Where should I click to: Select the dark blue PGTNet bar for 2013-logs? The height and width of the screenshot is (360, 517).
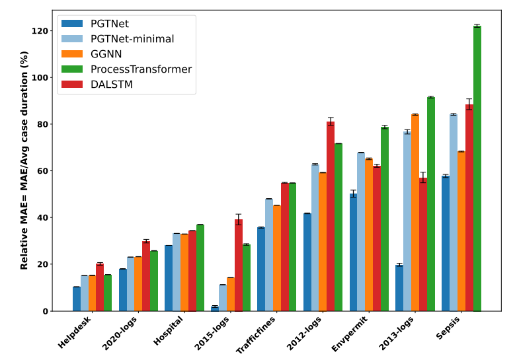pyautogui.click(x=399, y=288)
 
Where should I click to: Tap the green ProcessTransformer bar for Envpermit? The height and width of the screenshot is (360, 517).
pyautogui.click(x=384, y=219)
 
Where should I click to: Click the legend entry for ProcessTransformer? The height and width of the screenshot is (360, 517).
pyautogui.click(x=141, y=69)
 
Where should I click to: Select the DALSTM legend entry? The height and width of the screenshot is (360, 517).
pyautogui.click(x=112, y=85)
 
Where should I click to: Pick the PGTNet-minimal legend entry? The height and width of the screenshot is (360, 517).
pyautogui.click(x=132, y=39)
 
